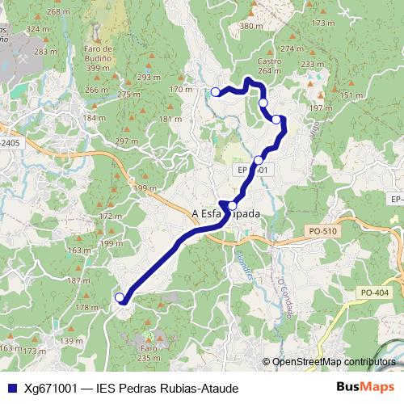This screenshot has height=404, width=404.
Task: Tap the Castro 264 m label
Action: click(269, 65)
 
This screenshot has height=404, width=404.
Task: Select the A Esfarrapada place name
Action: click(226, 214)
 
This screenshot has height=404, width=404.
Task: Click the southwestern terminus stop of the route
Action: click(120, 297)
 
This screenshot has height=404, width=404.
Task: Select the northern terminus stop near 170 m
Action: click(216, 92)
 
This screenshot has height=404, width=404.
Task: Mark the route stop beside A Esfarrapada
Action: click(233, 205)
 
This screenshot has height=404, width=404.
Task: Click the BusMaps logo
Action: click(365, 388)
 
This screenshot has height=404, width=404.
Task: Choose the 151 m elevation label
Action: click(351, 96)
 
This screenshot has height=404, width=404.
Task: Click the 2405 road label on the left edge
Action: click(10, 142)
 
